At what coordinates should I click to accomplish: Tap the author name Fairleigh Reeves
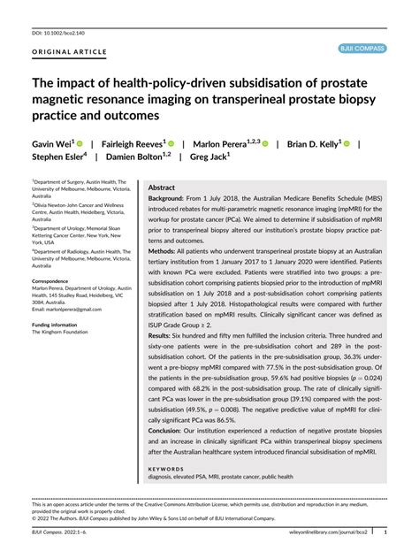131,142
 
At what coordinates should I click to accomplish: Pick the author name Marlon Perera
224,142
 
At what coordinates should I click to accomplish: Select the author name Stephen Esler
57,157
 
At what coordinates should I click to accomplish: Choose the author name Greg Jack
208,157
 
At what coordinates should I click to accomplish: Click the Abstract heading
162,188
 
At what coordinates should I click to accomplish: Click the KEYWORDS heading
166,469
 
